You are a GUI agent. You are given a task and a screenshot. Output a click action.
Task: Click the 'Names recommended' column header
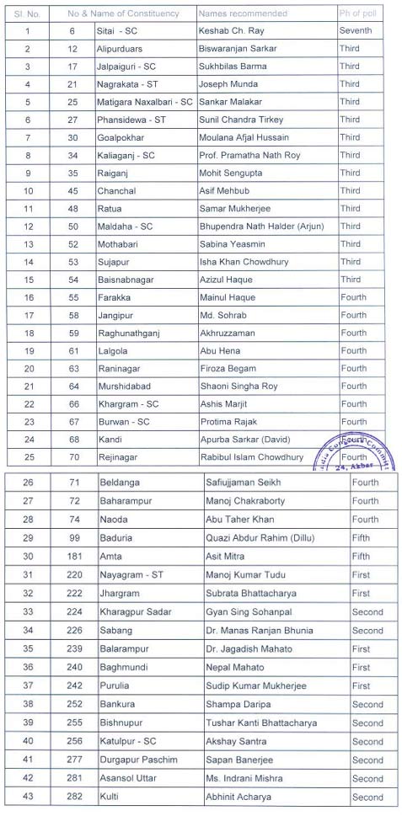243,13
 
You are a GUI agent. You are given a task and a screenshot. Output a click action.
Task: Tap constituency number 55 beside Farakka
72,297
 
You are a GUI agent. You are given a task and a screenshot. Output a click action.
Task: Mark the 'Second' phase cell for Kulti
367,797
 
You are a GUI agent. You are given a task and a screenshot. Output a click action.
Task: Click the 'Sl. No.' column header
27,13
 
